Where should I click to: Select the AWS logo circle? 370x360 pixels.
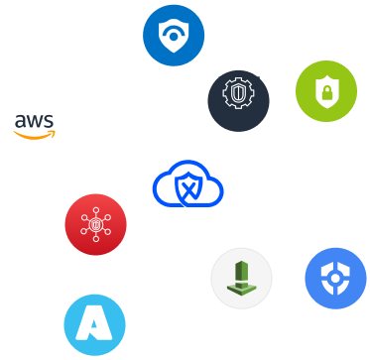(x=35, y=126)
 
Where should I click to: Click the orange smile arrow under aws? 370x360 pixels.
(x=36, y=136)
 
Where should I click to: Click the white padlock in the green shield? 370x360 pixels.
(x=322, y=94)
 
